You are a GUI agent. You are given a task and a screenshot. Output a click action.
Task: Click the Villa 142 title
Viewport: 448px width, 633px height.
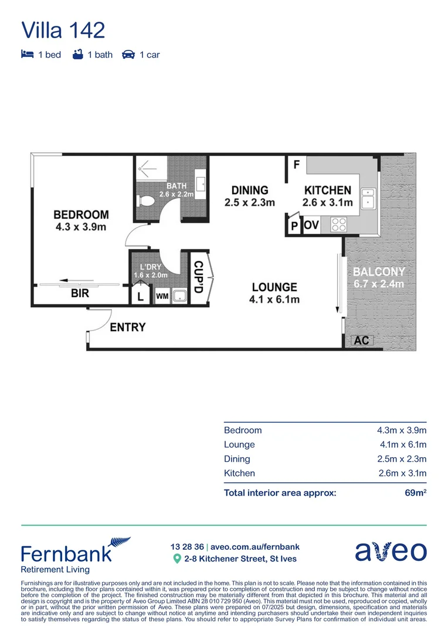[x=63, y=30]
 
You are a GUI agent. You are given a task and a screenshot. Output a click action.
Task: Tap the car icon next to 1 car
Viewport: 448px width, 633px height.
[x=128, y=55]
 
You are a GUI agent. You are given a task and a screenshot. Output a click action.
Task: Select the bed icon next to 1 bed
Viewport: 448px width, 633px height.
[x=27, y=55]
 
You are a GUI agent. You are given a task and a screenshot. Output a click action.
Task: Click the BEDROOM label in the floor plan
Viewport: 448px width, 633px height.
[x=81, y=215]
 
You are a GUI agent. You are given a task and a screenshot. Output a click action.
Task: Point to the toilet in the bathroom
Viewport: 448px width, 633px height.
[x=144, y=201]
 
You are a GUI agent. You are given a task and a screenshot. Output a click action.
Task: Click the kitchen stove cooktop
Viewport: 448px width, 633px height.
[x=339, y=224]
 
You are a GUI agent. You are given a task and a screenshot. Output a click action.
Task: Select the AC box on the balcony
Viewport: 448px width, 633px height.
[x=362, y=341]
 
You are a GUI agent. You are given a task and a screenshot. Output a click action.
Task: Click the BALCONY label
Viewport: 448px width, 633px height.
[x=378, y=272]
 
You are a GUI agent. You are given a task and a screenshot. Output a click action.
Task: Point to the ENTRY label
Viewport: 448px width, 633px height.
[x=127, y=327]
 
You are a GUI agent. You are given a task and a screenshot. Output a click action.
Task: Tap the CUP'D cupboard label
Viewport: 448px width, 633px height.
[x=198, y=278]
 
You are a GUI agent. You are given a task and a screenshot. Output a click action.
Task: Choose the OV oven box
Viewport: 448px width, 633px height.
[x=311, y=225]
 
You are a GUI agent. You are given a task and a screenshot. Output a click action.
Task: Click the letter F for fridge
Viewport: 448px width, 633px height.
[x=297, y=164]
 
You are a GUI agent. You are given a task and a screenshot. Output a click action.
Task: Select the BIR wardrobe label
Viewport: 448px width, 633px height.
[x=80, y=293]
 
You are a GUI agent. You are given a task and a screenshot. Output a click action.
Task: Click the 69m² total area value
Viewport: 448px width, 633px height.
[x=415, y=493]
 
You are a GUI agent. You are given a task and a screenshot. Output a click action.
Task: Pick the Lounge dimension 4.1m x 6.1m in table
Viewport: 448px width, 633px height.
[x=401, y=445]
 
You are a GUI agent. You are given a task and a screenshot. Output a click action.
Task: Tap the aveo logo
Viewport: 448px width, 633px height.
[x=391, y=552]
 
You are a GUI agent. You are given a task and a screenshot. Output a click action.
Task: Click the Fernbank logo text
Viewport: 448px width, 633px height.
[x=66, y=553]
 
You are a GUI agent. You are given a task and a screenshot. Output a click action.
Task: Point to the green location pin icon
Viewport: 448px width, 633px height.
[x=177, y=559]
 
